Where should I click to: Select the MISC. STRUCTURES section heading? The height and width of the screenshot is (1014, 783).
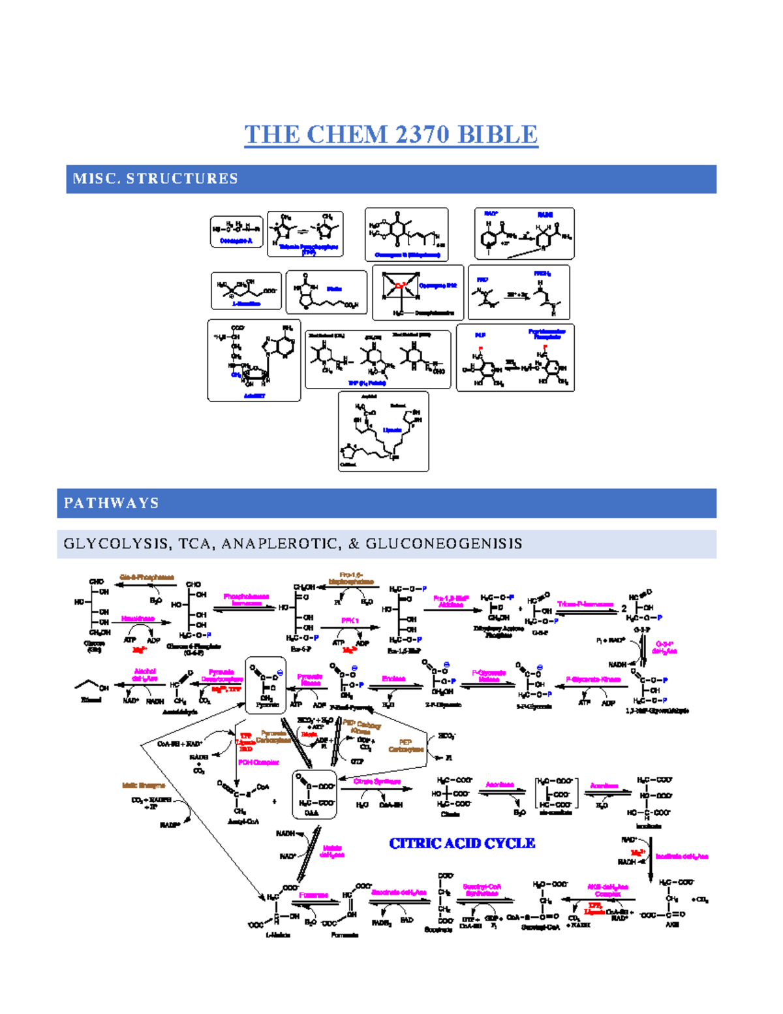[x=155, y=179]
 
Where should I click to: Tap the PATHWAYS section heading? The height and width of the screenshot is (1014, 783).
[x=112, y=503]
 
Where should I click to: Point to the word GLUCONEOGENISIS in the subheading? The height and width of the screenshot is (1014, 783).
[x=444, y=544]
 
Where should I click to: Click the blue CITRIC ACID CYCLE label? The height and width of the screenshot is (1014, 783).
[x=462, y=844]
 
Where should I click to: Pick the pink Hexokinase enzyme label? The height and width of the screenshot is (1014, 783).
[x=138, y=618]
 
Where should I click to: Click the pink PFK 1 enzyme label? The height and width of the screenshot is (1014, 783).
[x=350, y=620]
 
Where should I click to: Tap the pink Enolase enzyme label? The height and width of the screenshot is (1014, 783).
[x=393, y=679]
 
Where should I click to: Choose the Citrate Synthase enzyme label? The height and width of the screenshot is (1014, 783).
[x=376, y=782]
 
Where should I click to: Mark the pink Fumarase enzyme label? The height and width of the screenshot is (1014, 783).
[x=313, y=895]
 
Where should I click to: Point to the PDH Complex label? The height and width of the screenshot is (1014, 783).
[x=258, y=762]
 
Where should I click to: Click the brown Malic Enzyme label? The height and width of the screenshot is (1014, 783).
[x=144, y=785]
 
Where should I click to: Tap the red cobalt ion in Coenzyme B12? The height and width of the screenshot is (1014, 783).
[x=401, y=285]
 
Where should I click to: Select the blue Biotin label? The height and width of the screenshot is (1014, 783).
[x=334, y=289]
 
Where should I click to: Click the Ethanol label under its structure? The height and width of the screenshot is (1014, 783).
[x=91, y=700]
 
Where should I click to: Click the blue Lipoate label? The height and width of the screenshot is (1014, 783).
[x=392, y=430]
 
